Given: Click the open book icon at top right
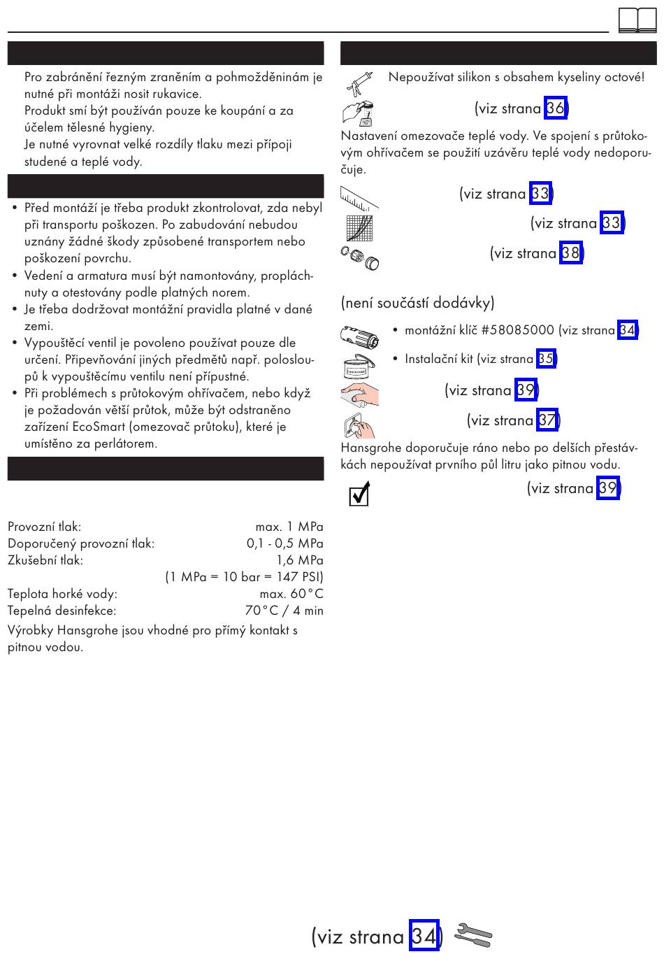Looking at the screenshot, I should (x=637, y=20).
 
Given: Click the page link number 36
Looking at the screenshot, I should (x=555, y=108).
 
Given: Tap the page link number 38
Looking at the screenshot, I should (x=570, y=253).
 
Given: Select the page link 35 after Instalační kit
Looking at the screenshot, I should (x=545, y=360).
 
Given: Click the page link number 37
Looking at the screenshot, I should (x=547, y=420).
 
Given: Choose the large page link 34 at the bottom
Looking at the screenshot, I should (x=424, y=936).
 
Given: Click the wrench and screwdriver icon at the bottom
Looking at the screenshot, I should (x=473, y=935).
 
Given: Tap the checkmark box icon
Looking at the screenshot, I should (x=359, y=494).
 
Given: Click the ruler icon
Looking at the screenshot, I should (x=359, y=197).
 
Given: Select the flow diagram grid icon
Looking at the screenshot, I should (x=359, y=228).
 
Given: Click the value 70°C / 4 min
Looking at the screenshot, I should (x=284, y=611).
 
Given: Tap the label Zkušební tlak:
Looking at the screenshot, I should (x=45, y=560).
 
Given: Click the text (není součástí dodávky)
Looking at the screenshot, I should (x=417, y=303).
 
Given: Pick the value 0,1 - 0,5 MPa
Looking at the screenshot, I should (x=284, y=543).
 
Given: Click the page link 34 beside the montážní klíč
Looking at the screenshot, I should (x=627, y=330).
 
